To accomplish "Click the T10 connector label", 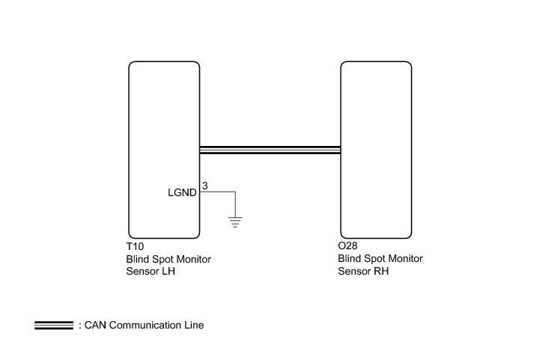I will (135, 245).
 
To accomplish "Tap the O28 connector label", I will (348, 245).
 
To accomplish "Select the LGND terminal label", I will (182, 192).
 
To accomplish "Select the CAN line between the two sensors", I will (270, 150).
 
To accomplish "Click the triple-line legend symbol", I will (54, 326).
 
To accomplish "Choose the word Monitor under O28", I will (404, 259).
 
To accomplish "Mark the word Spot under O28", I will (374, 259).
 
